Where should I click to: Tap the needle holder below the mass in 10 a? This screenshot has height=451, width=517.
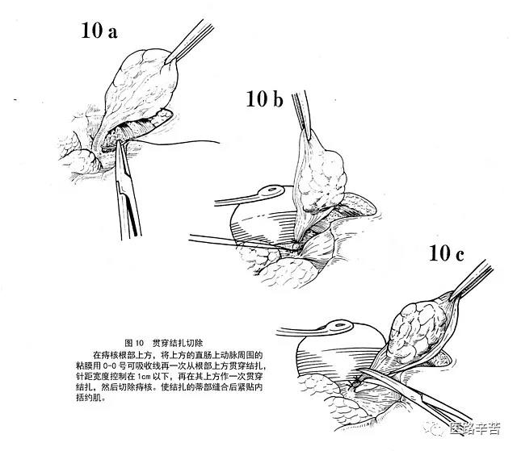128,185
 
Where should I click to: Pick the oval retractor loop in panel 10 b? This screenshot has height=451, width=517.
267,194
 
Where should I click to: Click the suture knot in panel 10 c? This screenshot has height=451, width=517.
355,378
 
